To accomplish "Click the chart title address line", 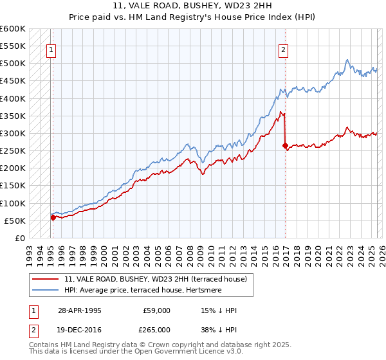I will coord(193,6).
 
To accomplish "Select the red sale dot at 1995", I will coord(53,217).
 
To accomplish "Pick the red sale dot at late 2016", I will coord(285,146).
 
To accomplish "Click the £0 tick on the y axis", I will coord(19,238).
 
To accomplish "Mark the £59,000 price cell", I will coord(156,310).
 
